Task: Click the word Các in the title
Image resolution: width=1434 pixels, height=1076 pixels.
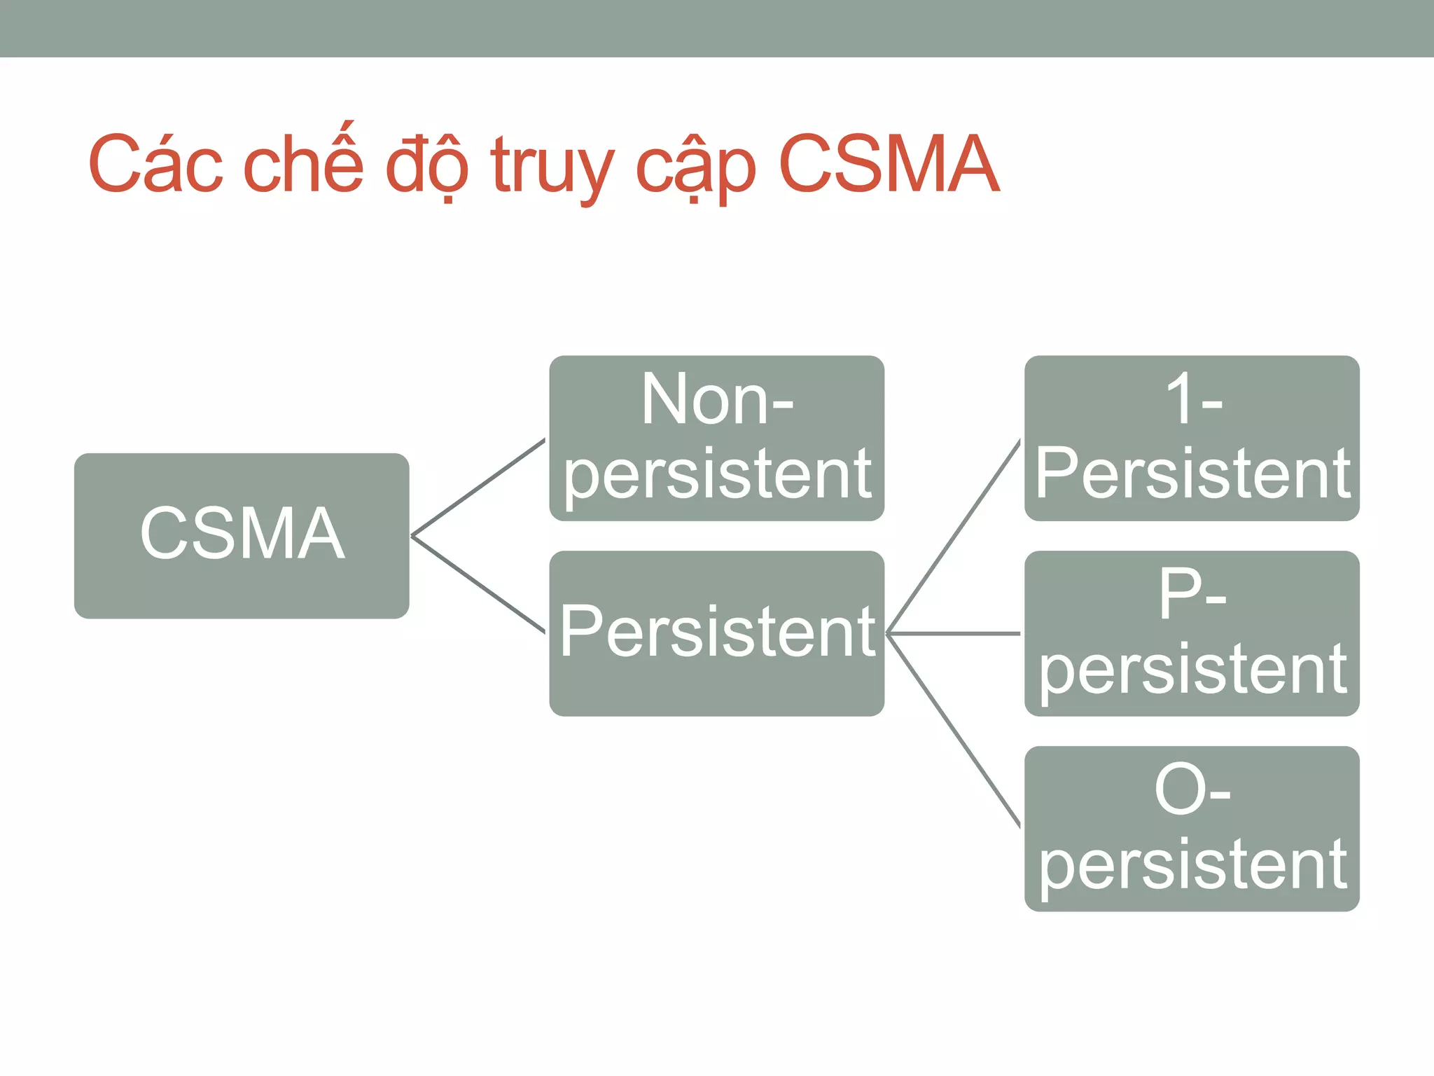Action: (155, 164)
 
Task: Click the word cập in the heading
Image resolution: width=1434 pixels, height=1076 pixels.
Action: (695, 168)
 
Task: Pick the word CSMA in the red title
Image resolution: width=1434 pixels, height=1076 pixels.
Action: (889, 164)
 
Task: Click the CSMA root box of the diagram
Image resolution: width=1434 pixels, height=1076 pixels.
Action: (242, 535)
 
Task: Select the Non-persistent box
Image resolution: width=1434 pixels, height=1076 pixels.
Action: (716, 438)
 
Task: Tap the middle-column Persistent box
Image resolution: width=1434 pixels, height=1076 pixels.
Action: (716, 633)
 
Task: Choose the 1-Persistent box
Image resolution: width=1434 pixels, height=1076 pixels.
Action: (1192, 438)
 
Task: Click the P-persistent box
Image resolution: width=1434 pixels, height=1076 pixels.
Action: (1192, 633)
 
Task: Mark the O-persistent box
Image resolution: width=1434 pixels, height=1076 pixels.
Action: (1192, 828)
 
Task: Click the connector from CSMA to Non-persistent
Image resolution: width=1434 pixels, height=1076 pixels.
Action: (478, 488)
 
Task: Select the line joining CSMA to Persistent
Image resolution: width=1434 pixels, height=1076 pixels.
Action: (478, 584)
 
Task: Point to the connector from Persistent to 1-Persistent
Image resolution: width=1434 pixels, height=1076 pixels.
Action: (954, 537)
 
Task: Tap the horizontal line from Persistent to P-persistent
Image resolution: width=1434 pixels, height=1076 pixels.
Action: (954, 633)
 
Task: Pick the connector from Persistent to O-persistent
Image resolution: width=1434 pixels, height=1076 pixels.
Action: (954, 730)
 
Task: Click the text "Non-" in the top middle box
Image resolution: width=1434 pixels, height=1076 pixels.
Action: (717, 399)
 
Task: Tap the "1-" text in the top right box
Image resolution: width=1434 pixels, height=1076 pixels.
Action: (1193, 399)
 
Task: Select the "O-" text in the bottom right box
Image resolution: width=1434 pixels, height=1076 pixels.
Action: (1192, 790)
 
